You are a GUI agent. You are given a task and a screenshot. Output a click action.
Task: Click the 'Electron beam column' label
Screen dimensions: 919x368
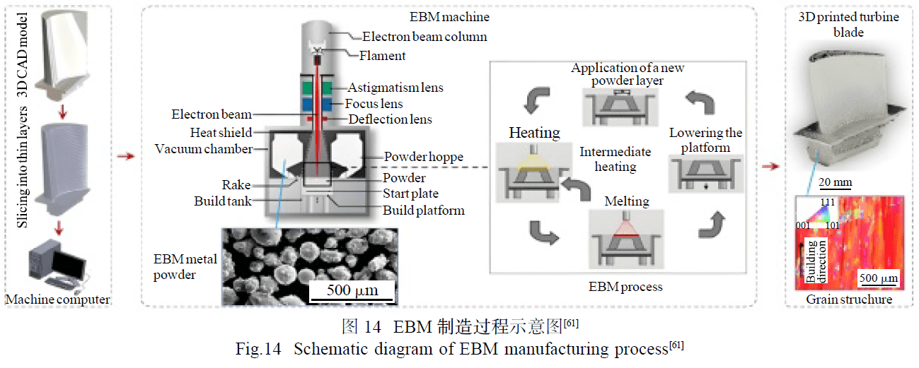(x=424, y=37)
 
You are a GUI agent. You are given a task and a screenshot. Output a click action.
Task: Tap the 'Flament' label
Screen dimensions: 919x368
(x=382, y=55)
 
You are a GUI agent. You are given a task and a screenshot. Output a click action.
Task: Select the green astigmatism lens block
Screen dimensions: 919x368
(x=317, y=88)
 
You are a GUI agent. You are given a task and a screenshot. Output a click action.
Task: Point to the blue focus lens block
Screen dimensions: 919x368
(x=317, y=104)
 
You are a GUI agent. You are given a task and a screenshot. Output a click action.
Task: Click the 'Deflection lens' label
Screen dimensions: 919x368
(x=390, y=119)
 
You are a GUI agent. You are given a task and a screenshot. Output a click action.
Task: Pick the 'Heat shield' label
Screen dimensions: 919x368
(x=221, y=133)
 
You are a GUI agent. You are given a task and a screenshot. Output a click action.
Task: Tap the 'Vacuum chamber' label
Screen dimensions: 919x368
(x=204, y=149)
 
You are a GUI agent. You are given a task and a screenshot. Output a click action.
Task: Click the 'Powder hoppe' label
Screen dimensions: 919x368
(x=424, y=157)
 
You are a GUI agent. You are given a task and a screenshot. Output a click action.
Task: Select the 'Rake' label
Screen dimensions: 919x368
(x=236, y=185)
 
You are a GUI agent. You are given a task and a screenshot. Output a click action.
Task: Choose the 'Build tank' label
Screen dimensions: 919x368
(x=223, y=201)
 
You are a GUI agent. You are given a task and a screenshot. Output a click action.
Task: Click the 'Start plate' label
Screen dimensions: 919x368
(x=410, y=194)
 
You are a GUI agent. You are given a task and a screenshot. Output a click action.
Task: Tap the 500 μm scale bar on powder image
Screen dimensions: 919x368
(x=352, y=300)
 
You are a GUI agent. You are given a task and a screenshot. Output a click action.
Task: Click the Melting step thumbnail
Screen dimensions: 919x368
(x=626, y=239)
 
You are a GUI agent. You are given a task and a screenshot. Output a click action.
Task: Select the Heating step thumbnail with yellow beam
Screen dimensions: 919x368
(x=533, y=172)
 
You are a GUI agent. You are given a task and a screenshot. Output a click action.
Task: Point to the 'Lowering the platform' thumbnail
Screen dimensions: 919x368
(x=706, y=173)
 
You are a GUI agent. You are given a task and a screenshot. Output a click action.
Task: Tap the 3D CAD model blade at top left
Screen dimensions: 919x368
(x=63, y=54)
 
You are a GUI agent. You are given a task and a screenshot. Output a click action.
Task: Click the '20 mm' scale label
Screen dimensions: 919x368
(x=836, y=182)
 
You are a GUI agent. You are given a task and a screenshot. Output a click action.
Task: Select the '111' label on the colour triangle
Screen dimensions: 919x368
(x=828, y=201)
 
